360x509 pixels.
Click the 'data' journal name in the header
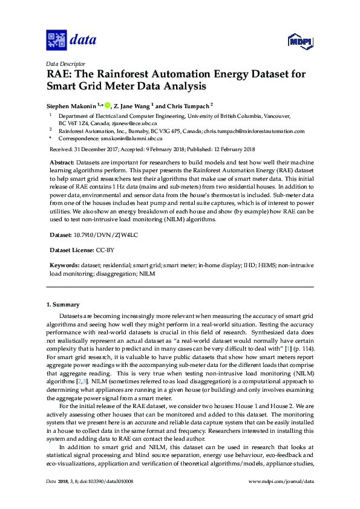pyautogui.click(x=83, y=41)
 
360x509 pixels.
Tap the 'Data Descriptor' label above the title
pyautogui.click(x=65, y=63)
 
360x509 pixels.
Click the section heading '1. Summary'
pyautogui.click(x=63, y=304)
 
